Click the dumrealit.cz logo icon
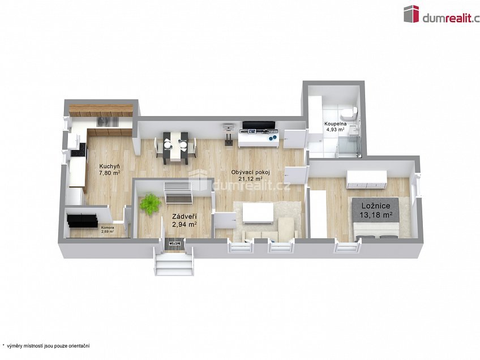click(411, 14)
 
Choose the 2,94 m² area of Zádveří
click(185, 225)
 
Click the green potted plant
click(150, 204)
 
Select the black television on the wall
click(259, 125)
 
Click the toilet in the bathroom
click(353, 112)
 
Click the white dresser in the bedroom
click(367, 179)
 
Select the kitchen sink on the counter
click(106, 121)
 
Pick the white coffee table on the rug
click(258, 213)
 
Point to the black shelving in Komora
click(82, 220)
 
